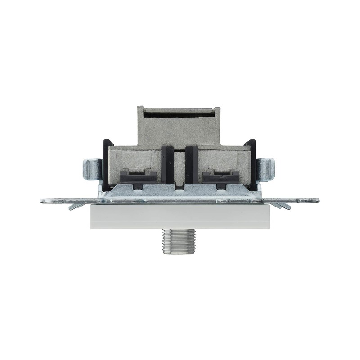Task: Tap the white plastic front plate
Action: (180, 216)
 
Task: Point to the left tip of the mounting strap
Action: (43, 201)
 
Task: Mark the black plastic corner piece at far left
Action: (107, 162)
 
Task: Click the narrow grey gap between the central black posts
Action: (180, 166)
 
